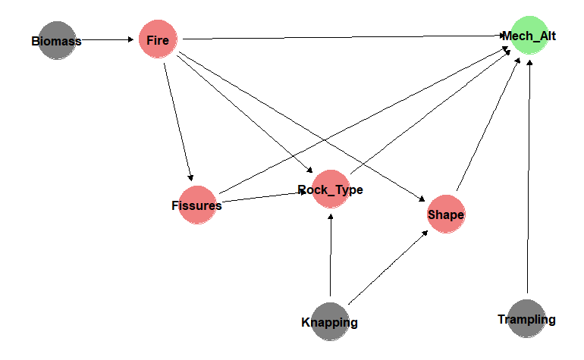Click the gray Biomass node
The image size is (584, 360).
(x=57, y=40)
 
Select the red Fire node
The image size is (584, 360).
(x=158, y=39)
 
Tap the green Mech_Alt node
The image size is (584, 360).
(x=529, y=36)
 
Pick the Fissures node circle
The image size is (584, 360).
(x=197, y=205)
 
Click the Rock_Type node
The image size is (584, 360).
(x=331, y=189)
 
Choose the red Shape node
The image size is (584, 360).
(x=446, y=214)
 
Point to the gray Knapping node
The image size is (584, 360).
(x=330, y=321)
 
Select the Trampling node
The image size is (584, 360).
(x=526, y=318)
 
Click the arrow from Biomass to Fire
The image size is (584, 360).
(x=107, y=39)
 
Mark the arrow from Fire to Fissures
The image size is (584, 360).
(x=178, y=122)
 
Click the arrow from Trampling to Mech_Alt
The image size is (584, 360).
(x=529, y=177)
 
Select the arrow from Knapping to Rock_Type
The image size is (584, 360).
(x=331, y=255)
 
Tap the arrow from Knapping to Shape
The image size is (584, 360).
(x=388, y=268)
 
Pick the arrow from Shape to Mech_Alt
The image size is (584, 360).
(x=488, y=124)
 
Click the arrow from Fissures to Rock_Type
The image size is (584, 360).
(x=264, y=197)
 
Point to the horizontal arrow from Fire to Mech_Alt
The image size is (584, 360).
(x=344, y=37)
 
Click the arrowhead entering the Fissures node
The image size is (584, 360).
(x=190, y=178)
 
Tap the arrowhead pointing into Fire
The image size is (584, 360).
(x=130, y=39)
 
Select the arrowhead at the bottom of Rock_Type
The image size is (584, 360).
(x=331, y=217)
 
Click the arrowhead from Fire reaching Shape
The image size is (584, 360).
(x=422, y=199)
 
